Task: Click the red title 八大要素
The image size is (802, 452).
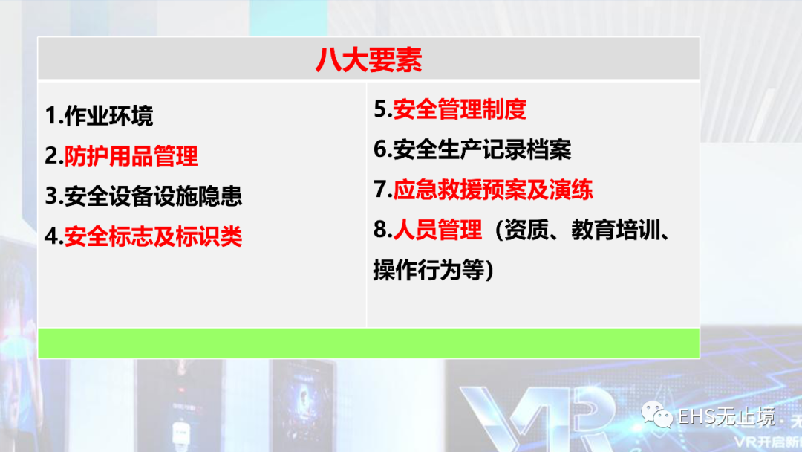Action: point(368,60)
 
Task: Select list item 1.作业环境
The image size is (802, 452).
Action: point(100,116)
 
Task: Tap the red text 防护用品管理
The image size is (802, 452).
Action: point(131,155)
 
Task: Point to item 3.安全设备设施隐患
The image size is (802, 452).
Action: point(143,196)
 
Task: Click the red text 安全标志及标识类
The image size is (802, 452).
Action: point(153,236)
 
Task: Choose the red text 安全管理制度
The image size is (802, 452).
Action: point(460,109)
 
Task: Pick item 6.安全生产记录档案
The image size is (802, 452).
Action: point(472,149)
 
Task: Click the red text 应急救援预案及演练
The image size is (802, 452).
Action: point(493,190)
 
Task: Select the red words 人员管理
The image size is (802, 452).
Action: point(438,229)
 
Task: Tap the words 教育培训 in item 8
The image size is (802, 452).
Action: point(616,229)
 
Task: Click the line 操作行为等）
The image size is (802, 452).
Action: point(434,270)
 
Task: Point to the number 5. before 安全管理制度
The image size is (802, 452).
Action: point(383,109)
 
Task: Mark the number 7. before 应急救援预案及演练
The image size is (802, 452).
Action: point(383,190)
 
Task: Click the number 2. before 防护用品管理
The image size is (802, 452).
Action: point(54,155)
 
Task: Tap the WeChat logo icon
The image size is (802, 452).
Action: point(656,415)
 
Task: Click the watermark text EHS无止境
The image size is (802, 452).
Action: point(726,417)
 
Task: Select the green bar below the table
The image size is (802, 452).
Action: point(369,343)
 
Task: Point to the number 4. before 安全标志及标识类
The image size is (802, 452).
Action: point(54,236)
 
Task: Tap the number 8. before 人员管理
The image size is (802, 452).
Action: point(383,229)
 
